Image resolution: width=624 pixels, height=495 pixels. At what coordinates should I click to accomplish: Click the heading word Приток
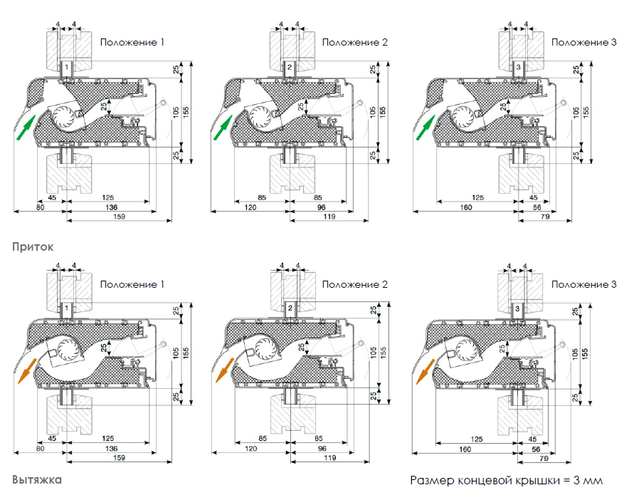(x=33, y=247)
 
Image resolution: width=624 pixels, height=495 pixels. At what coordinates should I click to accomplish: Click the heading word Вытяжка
(x=37, y=479)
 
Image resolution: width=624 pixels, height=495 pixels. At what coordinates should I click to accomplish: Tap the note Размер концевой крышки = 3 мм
(x=506, y=480)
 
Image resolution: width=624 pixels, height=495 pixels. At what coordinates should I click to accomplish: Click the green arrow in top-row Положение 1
(x=26, y=127)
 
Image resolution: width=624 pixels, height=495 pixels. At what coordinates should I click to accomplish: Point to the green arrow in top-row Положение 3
(x=425, y=127)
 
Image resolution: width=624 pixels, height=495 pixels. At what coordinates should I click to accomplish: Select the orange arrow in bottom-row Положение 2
(x=225, y=370)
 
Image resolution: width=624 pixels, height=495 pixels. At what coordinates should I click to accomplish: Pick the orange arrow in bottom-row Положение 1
(x=27, y=371)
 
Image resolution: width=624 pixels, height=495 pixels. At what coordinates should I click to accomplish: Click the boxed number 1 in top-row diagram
(x=67, y=67)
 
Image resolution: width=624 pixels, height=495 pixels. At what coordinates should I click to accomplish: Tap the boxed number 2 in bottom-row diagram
(x=290, y=308)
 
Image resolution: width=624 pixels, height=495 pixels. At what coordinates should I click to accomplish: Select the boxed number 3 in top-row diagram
(x=518, y=67)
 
